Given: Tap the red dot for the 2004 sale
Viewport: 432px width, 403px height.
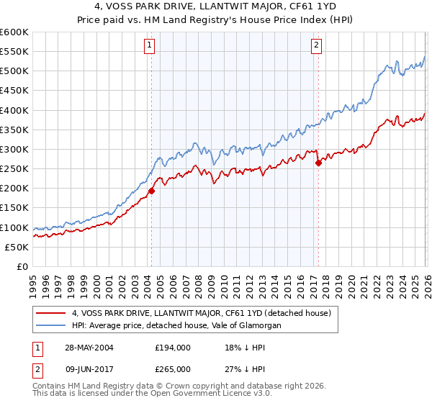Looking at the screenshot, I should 152,191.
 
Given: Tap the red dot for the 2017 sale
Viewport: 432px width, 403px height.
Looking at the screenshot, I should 318,163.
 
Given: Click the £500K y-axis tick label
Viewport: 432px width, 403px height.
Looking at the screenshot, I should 14,71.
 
